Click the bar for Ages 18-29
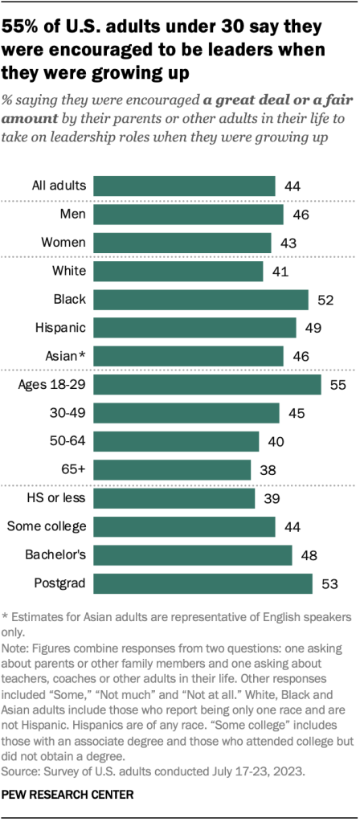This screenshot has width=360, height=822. click(207, 384)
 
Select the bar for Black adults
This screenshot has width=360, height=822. click(201, 300)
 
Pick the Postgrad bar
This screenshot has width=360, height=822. click(202, 583)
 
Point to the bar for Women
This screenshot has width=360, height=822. click(182, 243)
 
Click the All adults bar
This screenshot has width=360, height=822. click(184, 186)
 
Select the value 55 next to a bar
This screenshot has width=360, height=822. click(337, 384)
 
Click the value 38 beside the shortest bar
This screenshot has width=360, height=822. click(267, 469)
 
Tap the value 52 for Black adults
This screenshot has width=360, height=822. click(325, 300)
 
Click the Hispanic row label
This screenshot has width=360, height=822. click(61, 328)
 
